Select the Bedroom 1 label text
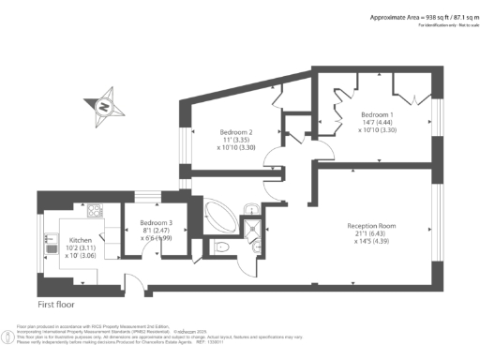pos(379,114)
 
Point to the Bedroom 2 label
pos(237,132)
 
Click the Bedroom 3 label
pos(143,222)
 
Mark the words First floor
pos(56,305)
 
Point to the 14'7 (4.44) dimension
pos(379,123)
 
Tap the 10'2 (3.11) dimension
pos(82,247)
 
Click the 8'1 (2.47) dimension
pos(143,231)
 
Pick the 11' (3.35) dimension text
pos(237,141)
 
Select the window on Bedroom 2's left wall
pos(184,142)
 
